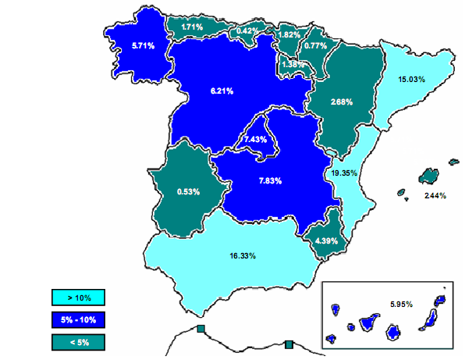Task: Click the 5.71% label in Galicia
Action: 143,46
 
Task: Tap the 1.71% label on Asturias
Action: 192,27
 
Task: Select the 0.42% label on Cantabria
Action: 247,31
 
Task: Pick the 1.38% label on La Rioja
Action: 292,64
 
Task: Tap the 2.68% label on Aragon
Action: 341,102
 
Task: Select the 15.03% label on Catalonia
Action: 411,79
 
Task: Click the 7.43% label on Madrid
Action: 254,139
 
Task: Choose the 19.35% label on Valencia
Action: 343,173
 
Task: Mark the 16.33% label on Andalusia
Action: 243,255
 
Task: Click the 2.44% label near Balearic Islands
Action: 435,195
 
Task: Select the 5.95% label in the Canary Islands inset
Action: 401,302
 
